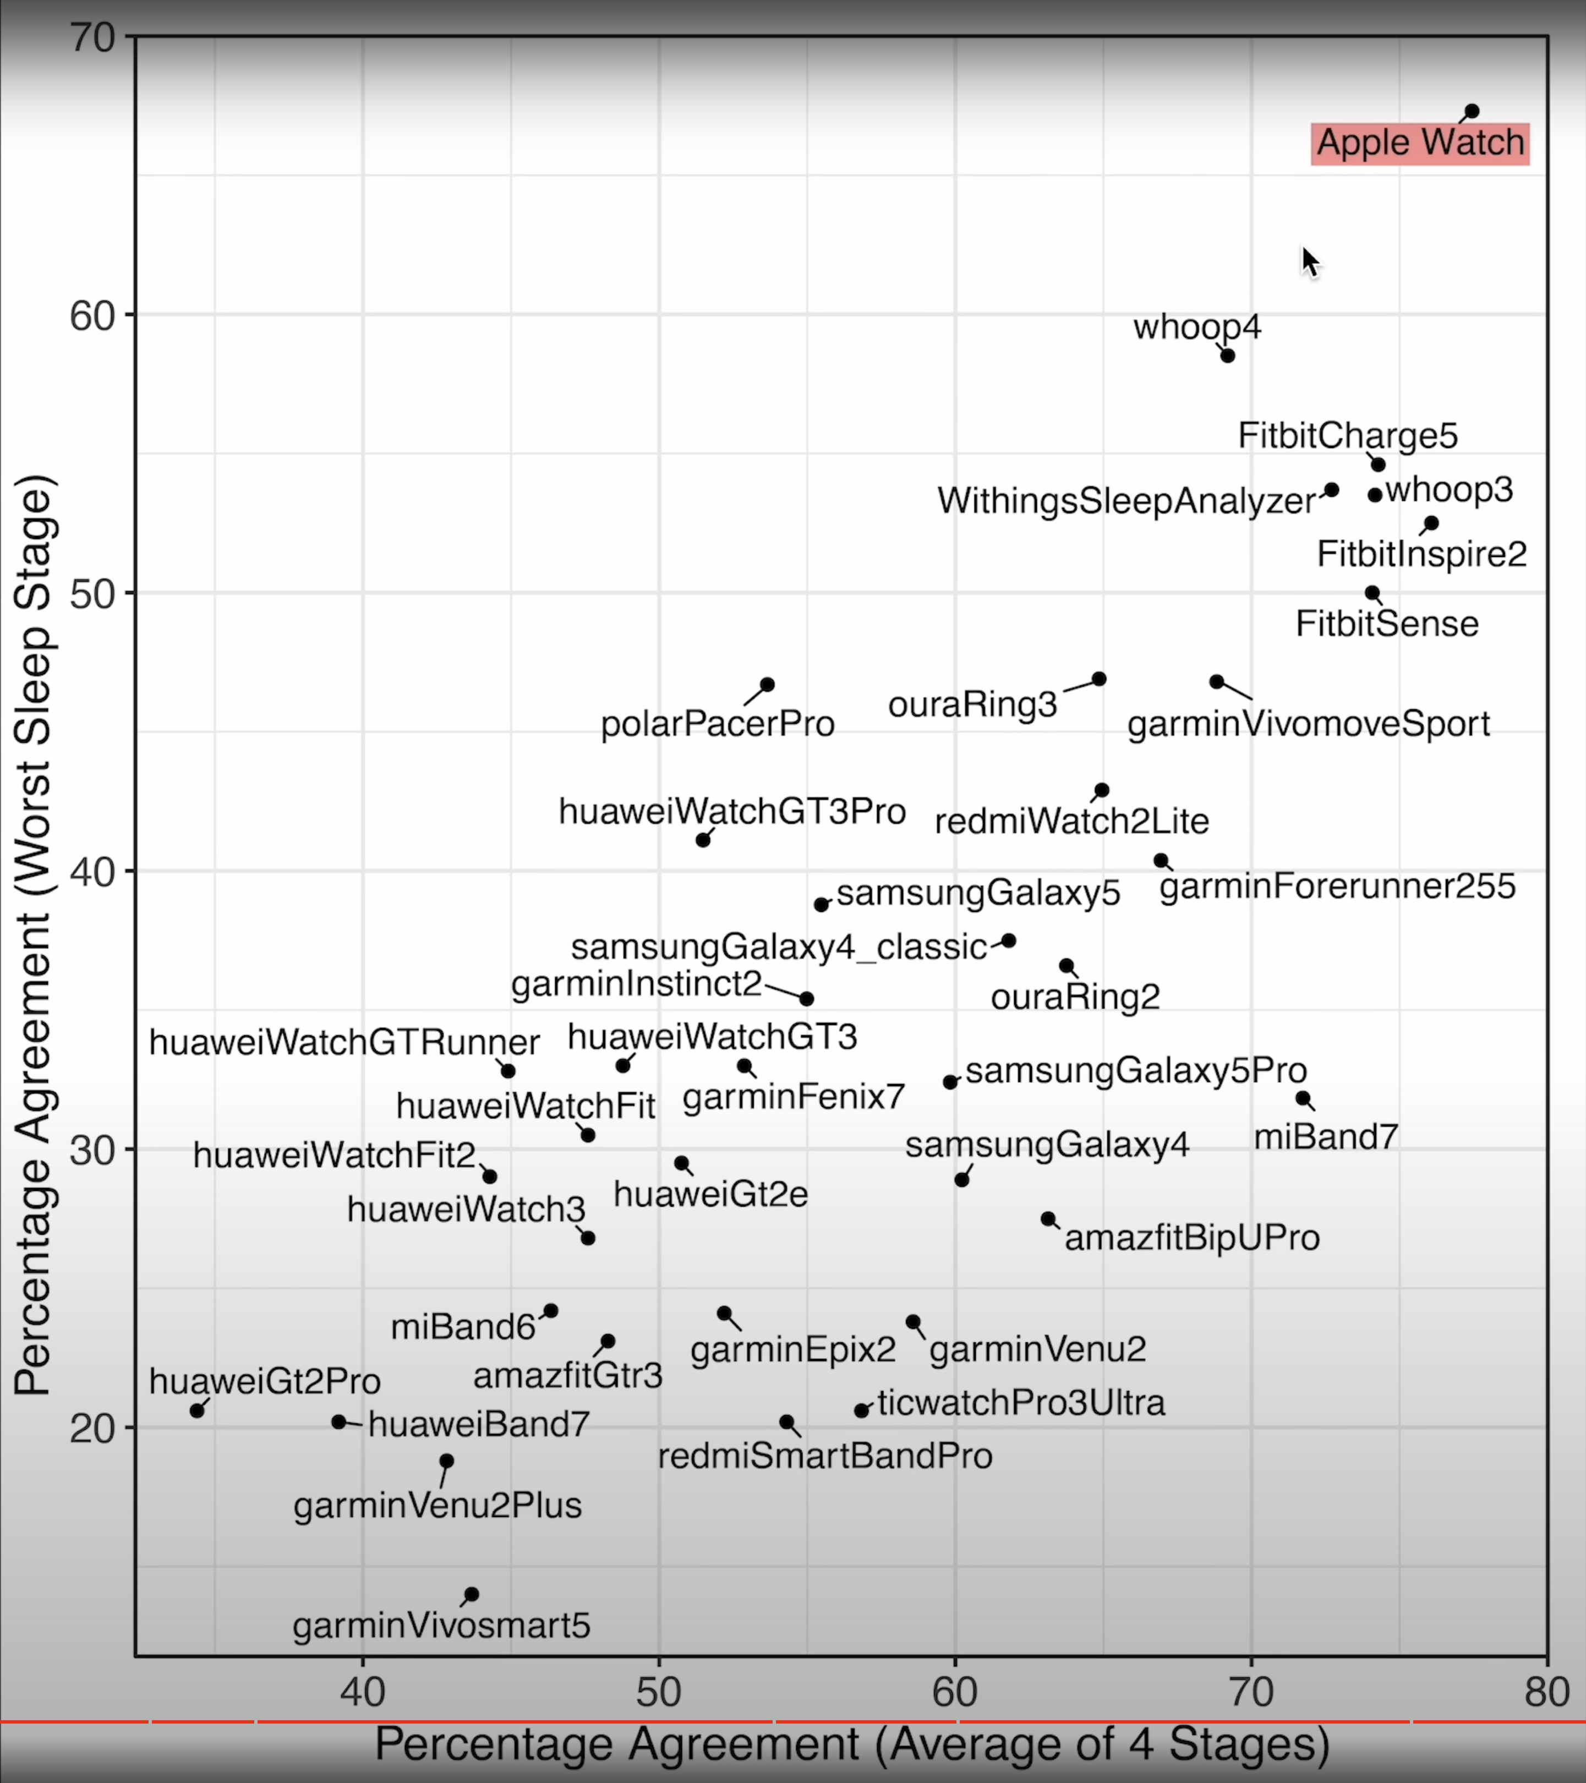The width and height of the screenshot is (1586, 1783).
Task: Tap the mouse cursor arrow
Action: [x=1309, y=260]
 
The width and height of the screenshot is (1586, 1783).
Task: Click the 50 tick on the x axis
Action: [x=659, y=1692]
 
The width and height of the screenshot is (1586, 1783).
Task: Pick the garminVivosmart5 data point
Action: [x=471, y=1595]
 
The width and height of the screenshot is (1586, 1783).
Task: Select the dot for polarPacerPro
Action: [x=767, y=685]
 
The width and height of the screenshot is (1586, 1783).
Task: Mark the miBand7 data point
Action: [x=1303, y=1098]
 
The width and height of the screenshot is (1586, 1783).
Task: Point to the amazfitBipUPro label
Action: [x=1191, y=1238]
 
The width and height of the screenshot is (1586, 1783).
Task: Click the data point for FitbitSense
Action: [x=1372, y=593]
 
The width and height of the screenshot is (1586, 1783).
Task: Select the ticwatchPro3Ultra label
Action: [x=1021, y=1403]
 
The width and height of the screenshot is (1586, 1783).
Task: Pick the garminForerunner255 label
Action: [x=1337, y=886]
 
